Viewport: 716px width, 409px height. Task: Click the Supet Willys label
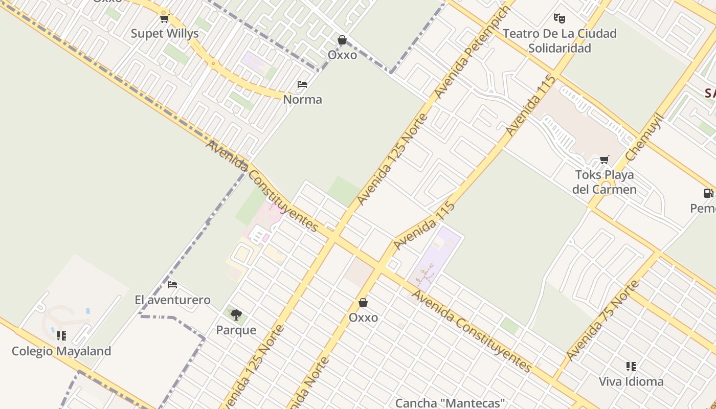click(165, 34)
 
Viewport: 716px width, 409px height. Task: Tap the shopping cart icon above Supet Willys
click(164, 19)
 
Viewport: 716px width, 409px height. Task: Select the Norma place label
click(302, 99)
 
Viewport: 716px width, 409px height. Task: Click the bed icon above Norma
click(302, 84)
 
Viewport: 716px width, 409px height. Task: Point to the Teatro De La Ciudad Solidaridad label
click(560, 40)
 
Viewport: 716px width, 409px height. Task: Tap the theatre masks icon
click(560, 19)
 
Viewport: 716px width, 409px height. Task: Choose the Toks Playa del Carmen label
click(605, 182)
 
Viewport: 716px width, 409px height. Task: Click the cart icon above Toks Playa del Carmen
click(605, 160)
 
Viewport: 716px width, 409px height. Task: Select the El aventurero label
click(172, 300)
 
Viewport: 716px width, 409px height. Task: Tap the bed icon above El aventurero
click(172, 285)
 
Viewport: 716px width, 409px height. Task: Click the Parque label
click(236, 330)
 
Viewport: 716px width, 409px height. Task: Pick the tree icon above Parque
click(236, 314)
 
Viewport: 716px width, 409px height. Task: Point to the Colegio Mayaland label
click(61, 351)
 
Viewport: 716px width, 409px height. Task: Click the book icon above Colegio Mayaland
click(61, 336)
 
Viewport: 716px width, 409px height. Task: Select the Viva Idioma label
click(631, 381)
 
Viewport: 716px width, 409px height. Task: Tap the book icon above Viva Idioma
click(631, 367)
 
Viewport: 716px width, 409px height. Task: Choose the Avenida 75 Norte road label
click(603, 321)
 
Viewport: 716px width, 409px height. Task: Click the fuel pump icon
click(708, 193)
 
